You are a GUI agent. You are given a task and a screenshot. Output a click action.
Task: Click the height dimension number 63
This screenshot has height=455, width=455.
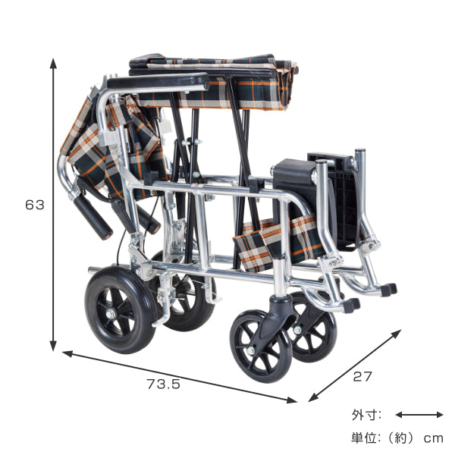pyautogui.click(x=35, y=205)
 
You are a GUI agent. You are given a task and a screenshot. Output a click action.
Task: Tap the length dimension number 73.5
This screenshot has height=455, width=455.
pyautogui.click(x=163, y=384)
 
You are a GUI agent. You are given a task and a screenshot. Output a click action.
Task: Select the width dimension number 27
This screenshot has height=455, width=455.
pyautogui.click(x=362, y=377)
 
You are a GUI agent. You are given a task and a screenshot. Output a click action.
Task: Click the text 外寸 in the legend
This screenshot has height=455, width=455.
pyautogui.click(x=362, y=415)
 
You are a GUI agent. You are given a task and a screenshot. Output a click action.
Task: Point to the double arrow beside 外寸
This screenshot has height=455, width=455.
pyautogui.click(x=419, y=415)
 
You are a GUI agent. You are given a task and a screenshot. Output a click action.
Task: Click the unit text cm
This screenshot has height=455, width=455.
pyautogui.click(x=433, y=438)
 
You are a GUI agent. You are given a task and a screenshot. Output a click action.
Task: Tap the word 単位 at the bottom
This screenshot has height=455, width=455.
pyautogui.click(x=362, y=438)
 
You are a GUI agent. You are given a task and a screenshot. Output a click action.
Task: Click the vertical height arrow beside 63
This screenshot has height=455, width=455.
pyautogui.click(x=53, y=204)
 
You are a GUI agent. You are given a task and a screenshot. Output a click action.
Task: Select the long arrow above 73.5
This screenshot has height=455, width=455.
pyautogui.click(x=179, y=377)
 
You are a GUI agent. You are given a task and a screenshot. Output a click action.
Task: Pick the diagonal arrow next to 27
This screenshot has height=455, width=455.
pyautogui.click(x=355, y=366)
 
